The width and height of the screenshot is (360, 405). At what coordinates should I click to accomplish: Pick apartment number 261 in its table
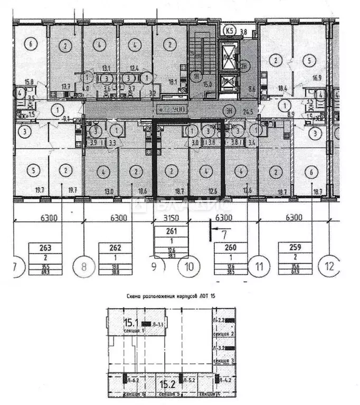pyautogui.click(x=170, y=230)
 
